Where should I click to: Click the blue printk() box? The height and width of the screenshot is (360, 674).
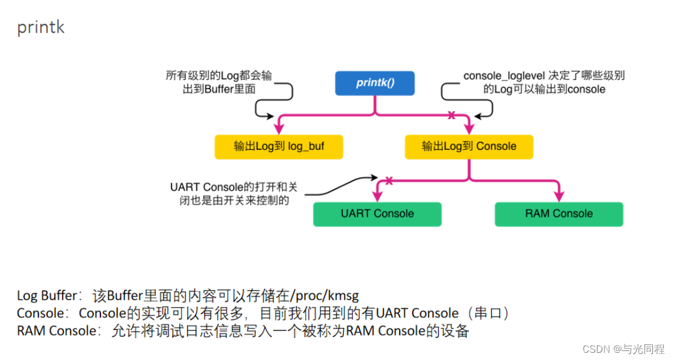pos(374,83)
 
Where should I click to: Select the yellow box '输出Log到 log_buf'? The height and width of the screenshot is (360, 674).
pos(279,146)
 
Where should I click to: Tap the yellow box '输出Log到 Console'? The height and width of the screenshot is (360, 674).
pos(469,146)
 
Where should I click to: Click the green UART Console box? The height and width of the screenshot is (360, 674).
pos(377,214)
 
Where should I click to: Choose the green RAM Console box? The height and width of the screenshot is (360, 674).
pos(558,214)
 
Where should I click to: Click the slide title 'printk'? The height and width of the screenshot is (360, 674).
pos(40,28)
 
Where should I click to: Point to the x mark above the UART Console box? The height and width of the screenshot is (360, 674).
pos(389,180)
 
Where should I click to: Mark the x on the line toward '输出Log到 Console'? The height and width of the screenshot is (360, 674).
pos(451,114)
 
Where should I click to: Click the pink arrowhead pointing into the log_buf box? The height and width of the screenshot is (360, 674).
pos(279,128)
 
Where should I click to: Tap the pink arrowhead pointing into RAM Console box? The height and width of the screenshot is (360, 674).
pos(559,196)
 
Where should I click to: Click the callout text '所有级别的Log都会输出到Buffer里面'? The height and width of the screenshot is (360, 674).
pos(219,82)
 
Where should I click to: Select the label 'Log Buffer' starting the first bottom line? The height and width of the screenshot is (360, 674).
pos(47,296)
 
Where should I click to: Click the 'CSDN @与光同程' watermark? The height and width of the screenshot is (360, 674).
pos(629,349)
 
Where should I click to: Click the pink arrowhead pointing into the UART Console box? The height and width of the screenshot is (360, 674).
pos(377,196)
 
